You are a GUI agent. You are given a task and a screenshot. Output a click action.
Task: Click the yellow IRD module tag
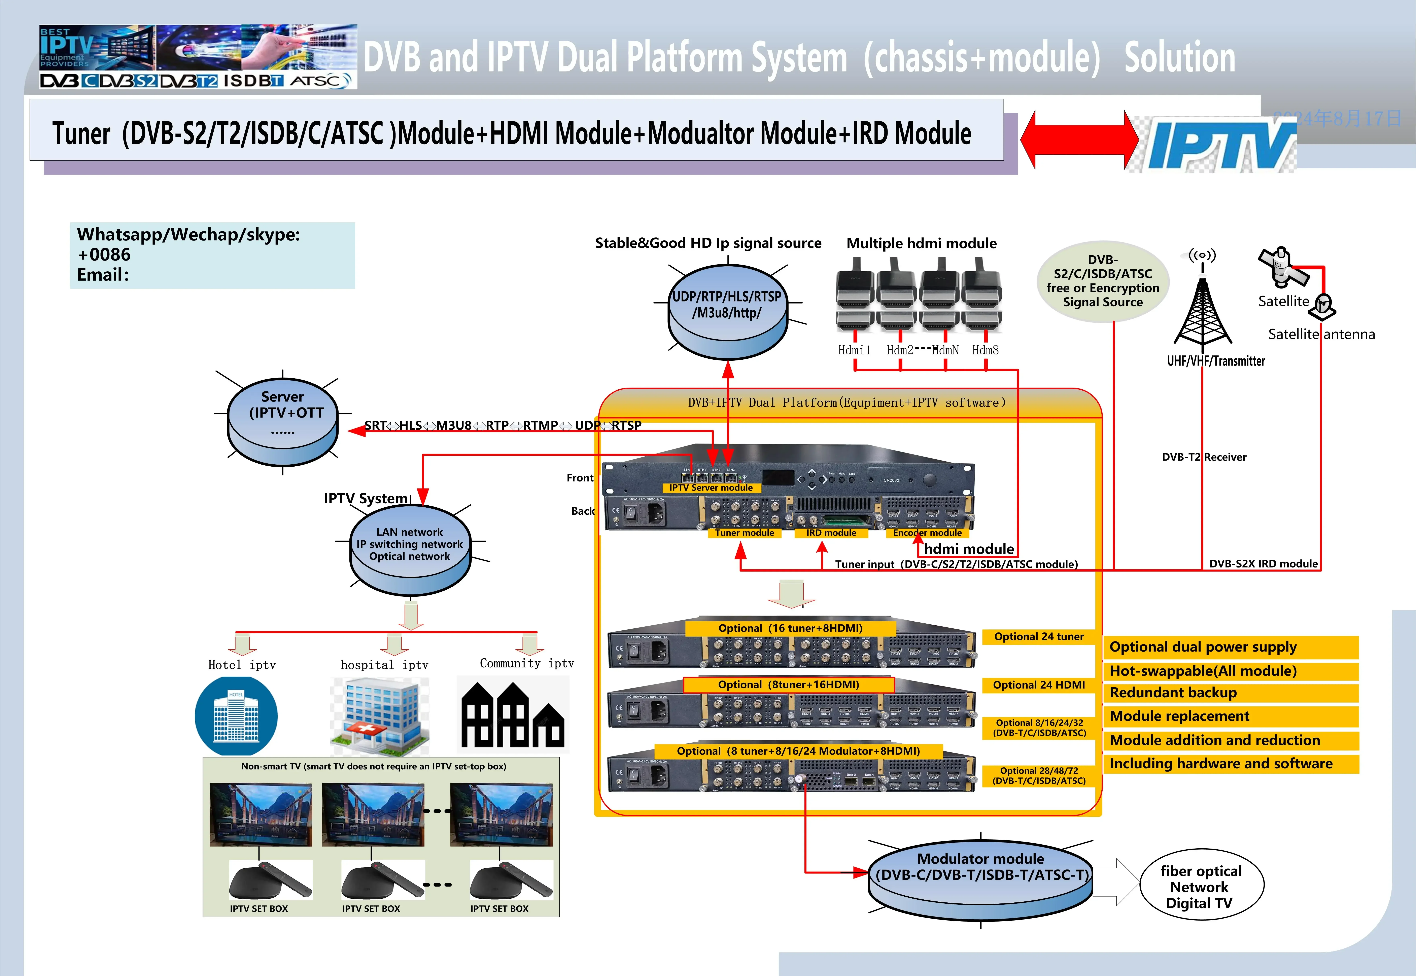(x=831, y=533)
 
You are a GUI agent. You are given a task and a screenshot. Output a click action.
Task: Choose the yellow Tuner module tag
(x=744, y=533)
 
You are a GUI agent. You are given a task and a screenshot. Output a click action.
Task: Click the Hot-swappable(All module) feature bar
(x=1230, y=671)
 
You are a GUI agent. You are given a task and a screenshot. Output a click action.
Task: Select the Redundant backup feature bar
(x=1230, y=693)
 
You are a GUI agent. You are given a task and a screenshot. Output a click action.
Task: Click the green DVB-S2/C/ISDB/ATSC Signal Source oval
(x=1103, y=281)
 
